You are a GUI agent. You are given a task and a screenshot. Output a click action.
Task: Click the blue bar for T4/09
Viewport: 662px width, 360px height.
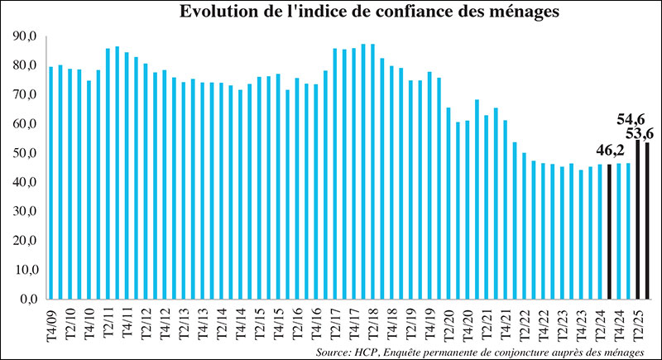tap(51, 182)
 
